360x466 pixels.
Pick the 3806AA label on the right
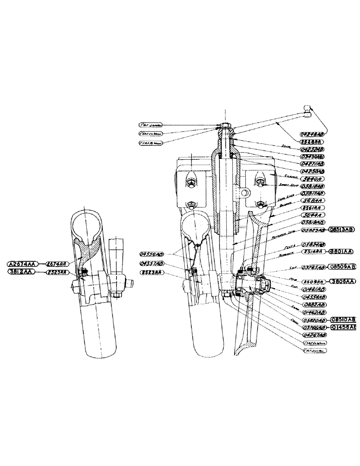tap(343, 281)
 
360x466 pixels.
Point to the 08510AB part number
tap(343, 320)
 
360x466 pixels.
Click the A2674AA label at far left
tap(21, 263)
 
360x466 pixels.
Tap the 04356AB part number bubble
tap(151, 254)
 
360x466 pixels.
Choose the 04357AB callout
tap(152, 264)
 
